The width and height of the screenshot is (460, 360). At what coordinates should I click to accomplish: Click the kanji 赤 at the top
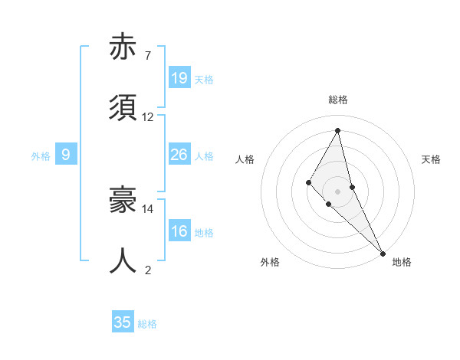point(123,47)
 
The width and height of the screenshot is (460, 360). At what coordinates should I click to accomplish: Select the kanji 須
point(123,108)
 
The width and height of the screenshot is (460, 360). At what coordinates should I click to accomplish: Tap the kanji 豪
point(123,201)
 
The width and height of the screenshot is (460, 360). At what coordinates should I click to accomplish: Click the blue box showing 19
point(179,78)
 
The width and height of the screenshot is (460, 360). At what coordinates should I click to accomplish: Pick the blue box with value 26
point(179,155)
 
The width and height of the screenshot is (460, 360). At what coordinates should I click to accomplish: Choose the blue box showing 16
point(179,231)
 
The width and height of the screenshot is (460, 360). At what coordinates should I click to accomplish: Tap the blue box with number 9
point(66,155)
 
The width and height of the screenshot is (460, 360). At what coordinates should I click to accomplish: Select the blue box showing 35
point(123,322)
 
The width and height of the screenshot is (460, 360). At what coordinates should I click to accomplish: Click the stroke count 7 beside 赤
point(147,55)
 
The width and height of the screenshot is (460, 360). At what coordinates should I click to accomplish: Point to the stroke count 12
point(148,117)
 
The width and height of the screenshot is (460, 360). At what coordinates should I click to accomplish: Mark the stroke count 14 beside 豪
point(148,208)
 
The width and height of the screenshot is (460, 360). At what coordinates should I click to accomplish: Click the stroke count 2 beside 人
point(147,270)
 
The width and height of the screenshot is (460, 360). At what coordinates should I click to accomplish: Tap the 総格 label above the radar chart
point(338,100)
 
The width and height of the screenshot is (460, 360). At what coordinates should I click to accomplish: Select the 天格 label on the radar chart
point(432,159)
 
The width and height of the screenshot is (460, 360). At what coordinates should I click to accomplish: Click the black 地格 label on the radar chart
point(402,262)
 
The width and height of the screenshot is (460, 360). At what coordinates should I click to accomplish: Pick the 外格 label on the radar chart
point(270,262)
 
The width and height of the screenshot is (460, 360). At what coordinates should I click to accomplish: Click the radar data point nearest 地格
point(383,252)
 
